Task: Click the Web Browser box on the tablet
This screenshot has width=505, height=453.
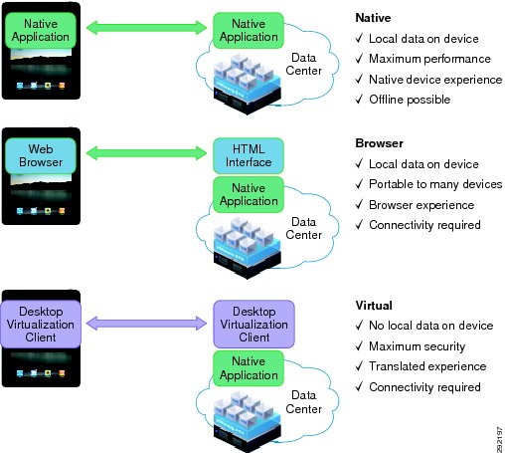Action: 41,155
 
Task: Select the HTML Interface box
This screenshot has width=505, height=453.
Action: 249,155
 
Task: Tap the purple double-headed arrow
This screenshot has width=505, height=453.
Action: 146,324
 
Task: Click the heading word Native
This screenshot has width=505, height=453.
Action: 373,18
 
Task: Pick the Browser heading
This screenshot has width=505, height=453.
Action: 379,143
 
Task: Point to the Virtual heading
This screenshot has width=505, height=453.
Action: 374,306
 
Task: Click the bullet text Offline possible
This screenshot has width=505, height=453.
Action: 410,100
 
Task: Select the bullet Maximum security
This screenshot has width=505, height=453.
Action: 418,346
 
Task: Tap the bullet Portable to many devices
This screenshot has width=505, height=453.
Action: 435,184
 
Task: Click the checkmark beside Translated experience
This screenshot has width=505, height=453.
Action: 359,366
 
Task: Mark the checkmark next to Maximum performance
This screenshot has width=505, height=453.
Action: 359,59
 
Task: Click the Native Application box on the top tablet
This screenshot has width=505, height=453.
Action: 41,30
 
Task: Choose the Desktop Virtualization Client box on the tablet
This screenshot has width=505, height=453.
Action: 41,325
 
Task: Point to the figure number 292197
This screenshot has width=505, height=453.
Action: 500,440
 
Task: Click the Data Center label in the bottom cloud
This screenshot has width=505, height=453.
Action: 303,402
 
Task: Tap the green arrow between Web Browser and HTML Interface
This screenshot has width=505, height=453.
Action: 146,153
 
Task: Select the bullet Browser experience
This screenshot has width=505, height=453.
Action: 421,205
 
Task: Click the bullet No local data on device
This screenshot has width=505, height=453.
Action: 431,326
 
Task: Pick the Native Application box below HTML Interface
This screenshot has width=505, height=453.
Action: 249,195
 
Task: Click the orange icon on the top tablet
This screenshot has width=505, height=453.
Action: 62,86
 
